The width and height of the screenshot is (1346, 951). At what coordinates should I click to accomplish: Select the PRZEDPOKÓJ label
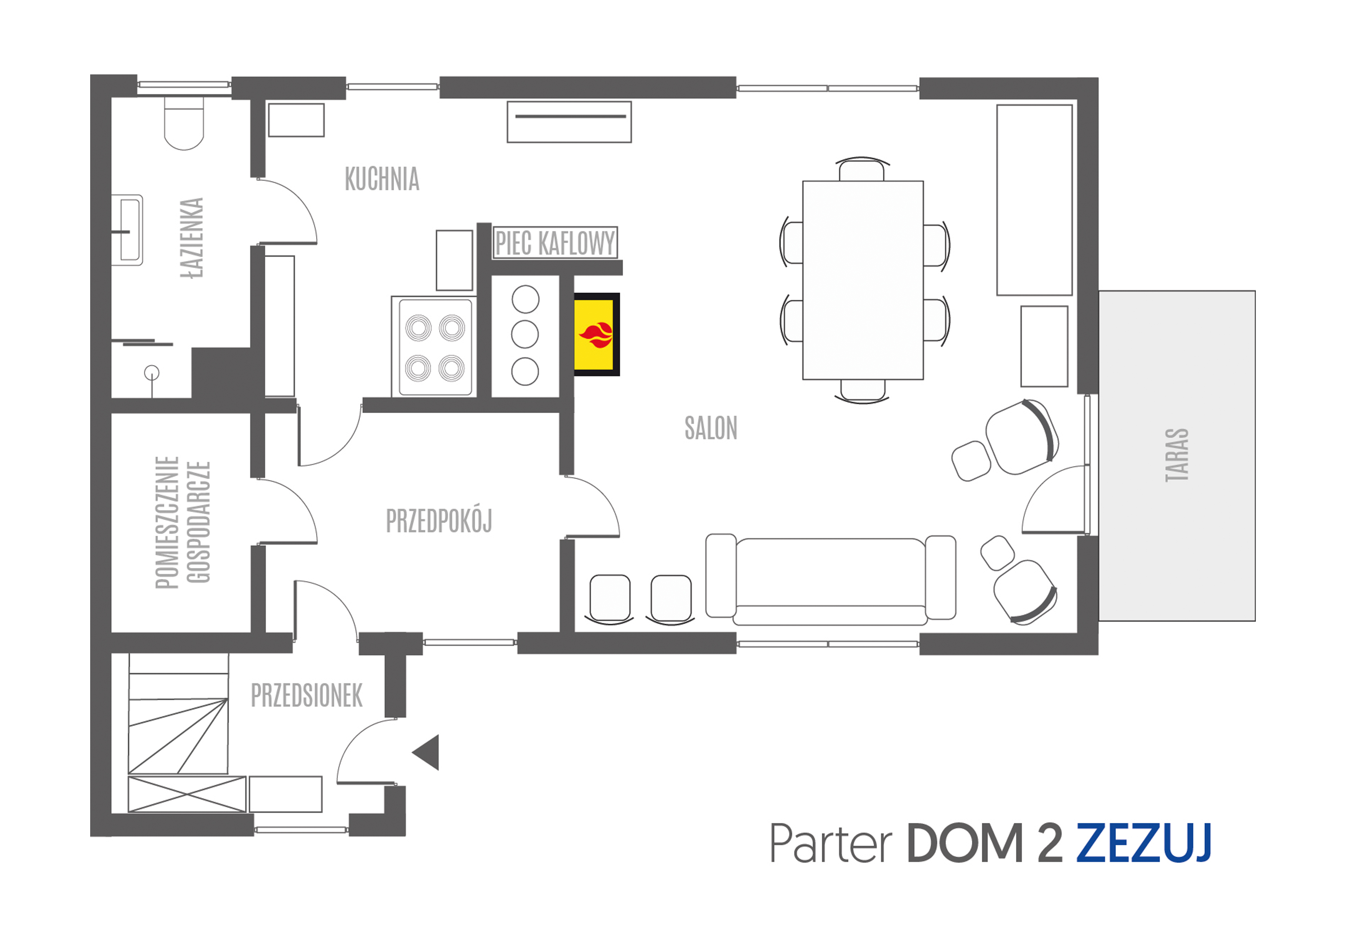(439, 520)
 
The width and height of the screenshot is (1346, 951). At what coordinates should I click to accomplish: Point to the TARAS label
(1176, 455)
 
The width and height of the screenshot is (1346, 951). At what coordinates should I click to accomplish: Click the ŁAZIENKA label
(192, 237)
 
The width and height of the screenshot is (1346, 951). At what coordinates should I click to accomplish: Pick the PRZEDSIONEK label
(307, 696)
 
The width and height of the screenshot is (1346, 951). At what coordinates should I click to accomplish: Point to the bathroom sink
(128, 230)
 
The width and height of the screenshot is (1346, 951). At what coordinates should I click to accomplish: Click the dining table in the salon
(863, 280)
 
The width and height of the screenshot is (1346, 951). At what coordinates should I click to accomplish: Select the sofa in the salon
(830, 579)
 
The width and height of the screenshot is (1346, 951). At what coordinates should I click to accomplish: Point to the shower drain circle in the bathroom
(152, 372)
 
